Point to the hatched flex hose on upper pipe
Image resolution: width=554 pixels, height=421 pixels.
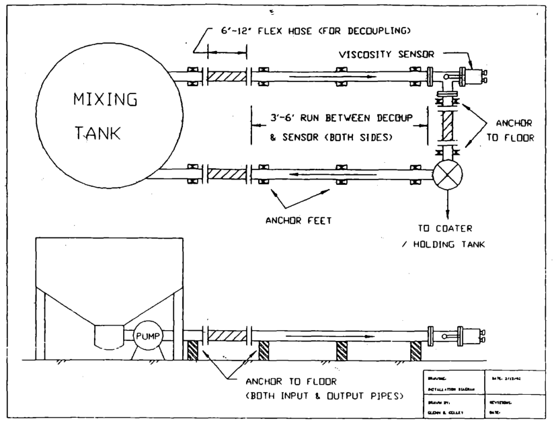tap(226, 75)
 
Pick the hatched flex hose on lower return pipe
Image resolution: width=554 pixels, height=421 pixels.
tap(226, 174)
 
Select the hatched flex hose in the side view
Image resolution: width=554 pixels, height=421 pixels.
tap(226, 334)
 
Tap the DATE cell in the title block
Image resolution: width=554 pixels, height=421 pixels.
tap(514, 379)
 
